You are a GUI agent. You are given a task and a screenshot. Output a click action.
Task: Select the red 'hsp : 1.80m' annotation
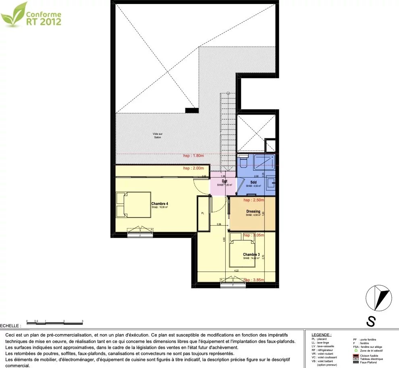193,156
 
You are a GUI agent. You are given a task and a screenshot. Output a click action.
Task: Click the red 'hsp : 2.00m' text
193,168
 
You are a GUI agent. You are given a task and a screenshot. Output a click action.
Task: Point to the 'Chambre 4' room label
160,204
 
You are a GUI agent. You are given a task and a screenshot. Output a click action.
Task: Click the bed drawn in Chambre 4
127,205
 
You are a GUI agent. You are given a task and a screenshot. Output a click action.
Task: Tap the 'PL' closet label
202,213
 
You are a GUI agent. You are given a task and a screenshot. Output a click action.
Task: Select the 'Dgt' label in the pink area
224,182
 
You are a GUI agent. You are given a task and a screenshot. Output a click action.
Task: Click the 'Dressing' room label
253,211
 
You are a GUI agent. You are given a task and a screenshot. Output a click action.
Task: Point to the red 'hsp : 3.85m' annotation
253,280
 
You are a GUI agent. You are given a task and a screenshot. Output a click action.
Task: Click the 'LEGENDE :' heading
322,335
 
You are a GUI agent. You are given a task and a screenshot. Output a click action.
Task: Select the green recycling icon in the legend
356,351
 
